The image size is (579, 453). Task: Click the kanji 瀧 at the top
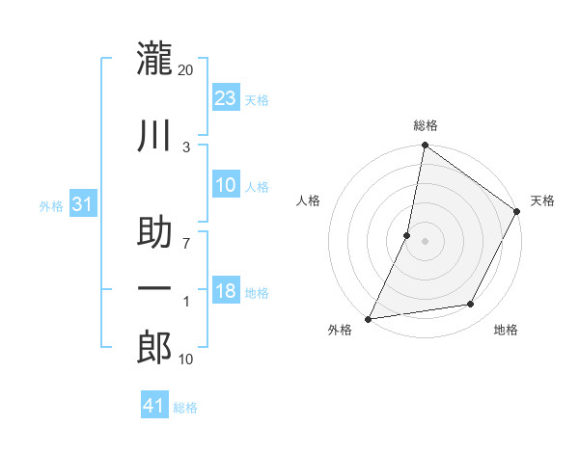click(154, 59)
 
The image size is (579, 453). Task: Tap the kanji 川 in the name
click(154, 138)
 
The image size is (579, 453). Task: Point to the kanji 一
click(154, 290)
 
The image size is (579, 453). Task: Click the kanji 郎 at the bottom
click(154, 347)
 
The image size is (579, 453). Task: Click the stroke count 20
click(185, 69)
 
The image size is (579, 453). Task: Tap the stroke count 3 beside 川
click(186, 147)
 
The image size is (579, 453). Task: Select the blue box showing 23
click(225, 98)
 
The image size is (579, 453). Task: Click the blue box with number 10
click(225, 185)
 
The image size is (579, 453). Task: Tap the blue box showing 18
click(225, 291)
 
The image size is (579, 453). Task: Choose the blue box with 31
click(83, 204)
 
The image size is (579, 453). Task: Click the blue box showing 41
click(154, 406)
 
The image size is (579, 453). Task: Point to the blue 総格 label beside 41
click(185, 408)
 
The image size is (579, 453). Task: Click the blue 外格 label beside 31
click(51, 206)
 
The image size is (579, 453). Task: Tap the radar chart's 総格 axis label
click(425, 125)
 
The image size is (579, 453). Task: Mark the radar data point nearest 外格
click(369, 318)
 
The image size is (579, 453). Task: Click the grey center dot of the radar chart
click(425, 241)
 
